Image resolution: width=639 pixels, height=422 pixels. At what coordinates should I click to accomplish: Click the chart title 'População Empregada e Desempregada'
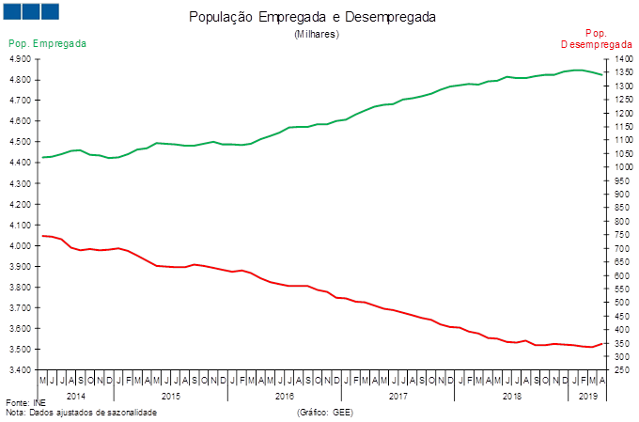coord(313,18)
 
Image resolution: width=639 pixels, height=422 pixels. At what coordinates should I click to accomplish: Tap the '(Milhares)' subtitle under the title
coord(317,34)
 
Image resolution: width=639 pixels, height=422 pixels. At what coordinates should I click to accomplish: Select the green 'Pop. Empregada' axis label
coord(48,44)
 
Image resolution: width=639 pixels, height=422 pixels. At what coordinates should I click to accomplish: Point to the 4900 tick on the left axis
coord(21,59)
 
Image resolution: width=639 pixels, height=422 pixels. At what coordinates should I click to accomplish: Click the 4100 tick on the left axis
coord(21,225)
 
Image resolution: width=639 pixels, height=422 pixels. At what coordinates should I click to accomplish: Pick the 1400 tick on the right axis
coord(618,59)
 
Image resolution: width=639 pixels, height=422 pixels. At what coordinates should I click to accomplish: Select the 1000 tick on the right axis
coord(618,167)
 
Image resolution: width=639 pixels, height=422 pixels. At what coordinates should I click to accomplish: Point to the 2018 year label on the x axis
coord(512,397)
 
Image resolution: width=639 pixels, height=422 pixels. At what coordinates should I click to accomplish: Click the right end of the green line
coord(602,74)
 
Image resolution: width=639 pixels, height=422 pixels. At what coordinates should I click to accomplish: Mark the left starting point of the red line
coord(42,236)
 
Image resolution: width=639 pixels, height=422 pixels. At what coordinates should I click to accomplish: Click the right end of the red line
coord(602,343)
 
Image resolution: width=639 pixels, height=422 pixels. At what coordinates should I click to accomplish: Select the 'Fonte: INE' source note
coord(25,402)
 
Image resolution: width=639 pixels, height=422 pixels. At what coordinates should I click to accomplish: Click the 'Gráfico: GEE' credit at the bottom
coord(324,412)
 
